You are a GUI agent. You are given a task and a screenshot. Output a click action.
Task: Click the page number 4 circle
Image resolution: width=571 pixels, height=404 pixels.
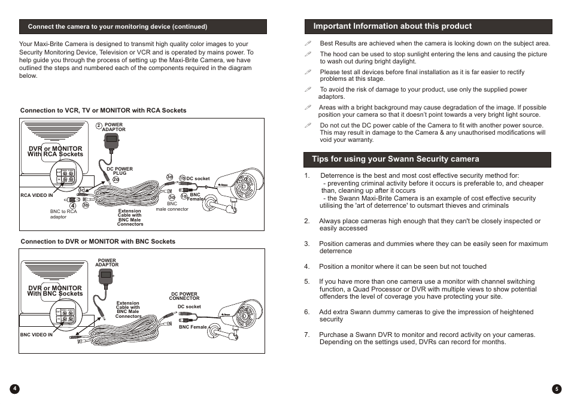tap(15, 388)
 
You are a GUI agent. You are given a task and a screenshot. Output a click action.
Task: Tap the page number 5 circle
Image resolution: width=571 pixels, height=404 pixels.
tap(556, 388)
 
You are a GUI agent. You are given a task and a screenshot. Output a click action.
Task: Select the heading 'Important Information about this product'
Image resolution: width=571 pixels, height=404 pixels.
tap(392, 26)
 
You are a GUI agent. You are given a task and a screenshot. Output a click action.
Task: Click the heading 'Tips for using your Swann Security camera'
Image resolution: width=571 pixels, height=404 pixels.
tap(395, 159)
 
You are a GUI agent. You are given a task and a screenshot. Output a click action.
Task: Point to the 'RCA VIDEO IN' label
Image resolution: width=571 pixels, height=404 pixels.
tap(37, 196)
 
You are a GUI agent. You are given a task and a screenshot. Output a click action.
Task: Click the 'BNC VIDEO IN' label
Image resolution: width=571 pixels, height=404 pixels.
tap(37, 335)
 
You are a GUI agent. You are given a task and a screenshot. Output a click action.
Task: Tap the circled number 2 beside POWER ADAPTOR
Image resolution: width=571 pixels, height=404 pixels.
tap(99, 126)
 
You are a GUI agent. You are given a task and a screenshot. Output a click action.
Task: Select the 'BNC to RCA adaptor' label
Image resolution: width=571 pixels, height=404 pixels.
tap(63, 214)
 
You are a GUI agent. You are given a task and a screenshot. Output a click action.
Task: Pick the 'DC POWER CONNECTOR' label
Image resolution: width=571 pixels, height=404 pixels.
tap(184, 296)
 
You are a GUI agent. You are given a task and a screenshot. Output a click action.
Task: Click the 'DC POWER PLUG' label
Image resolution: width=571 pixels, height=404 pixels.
tap(120, 171)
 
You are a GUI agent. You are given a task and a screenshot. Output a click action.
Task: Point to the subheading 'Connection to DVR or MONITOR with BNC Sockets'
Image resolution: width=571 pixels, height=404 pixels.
tap(98, 242)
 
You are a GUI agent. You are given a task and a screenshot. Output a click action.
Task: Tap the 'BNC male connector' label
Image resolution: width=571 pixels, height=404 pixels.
tap(172, 206)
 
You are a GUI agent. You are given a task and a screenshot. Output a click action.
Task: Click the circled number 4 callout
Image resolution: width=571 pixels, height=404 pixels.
tap(72, 206)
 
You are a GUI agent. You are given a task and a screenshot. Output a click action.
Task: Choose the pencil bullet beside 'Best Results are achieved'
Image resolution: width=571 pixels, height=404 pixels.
tap(308, 43)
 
